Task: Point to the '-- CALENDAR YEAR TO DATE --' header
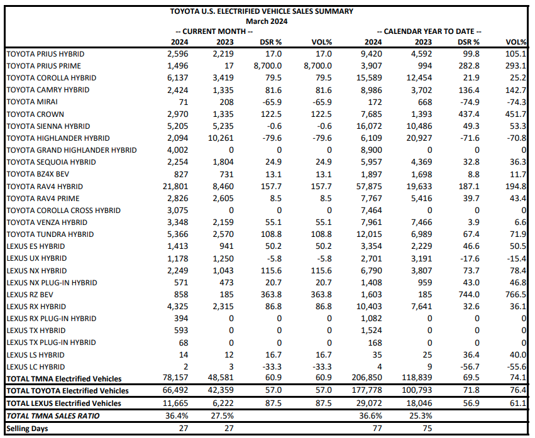(429, 31)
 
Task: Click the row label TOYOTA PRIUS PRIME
(43, 66)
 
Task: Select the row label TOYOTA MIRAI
(29, 102)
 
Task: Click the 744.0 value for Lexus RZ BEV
(469, 294)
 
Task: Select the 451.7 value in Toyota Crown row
(516, 114)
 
